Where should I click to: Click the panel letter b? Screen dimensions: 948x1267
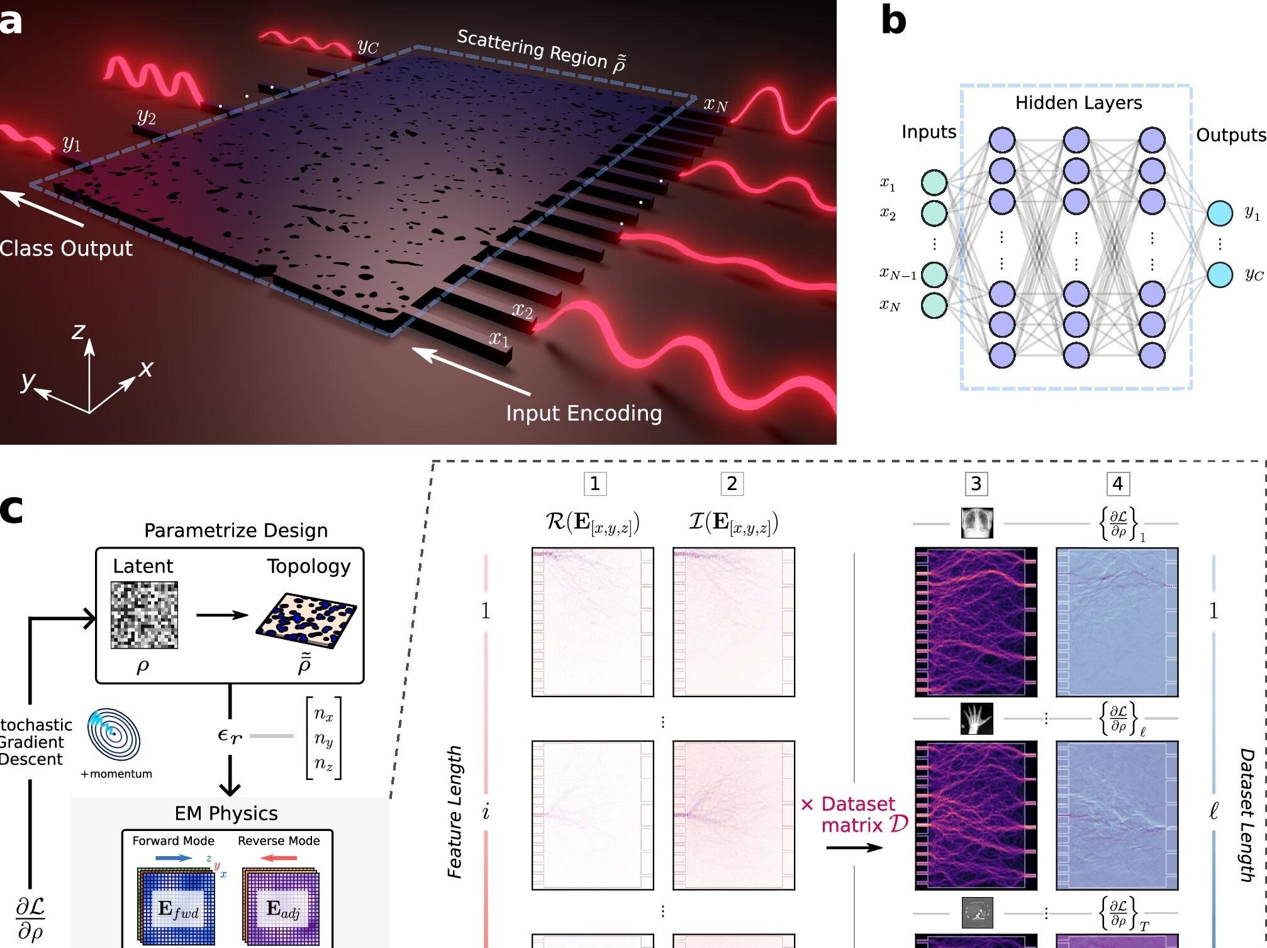(x=893, y=21)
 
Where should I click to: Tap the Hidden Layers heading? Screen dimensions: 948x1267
(x=1078, y=103)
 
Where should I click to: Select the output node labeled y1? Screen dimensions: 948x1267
(x=1219, y=214)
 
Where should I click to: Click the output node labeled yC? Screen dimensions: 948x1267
(x=1219, y=275)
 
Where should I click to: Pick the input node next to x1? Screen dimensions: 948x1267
(x=934, y=183)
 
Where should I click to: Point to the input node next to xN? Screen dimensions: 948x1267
(x=934, y=306)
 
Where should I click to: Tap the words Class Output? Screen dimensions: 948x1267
(x=66, y=248)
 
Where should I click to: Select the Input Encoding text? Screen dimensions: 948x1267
(x=584, y=413)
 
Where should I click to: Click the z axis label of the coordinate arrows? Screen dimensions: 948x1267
(x=78, y=331)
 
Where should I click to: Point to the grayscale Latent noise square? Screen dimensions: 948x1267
(x=144, y=615)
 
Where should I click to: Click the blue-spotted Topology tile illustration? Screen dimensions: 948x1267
(x=306, y=620)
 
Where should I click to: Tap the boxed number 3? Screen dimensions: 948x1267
(x=976, y=484)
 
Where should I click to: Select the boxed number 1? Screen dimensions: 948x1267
(x=594, y=484)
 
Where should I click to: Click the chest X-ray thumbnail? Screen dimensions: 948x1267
(x=977, y=523)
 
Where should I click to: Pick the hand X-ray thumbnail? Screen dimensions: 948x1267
(x=977, y=718)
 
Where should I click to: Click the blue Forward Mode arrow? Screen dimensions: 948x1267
(x=174, y=858)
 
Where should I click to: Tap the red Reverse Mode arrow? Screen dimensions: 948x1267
(x=278, y=858)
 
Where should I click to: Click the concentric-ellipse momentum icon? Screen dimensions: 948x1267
(x=114, y=735)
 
